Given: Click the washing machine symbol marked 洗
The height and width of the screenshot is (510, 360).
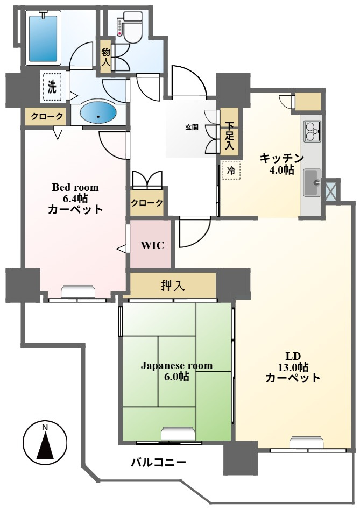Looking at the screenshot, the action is click(x=52, y=87).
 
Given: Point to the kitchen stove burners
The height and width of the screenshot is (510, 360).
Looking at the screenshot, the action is click(x=312, y=131).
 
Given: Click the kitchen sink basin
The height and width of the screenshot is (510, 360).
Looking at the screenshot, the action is click(x=312, y=182).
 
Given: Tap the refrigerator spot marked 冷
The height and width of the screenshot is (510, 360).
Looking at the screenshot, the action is click(x=231, y=170).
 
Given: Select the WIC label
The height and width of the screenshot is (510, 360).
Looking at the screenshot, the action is click(x=152, y=245).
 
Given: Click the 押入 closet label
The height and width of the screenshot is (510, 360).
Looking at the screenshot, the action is click(x=173, y=285).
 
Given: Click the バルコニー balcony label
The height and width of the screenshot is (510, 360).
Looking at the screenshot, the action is click(x=159, y=462).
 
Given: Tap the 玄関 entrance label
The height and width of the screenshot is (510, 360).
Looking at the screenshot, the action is click(x=192, y=127).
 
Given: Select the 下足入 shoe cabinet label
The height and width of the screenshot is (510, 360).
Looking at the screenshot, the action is click(x=230, y=136).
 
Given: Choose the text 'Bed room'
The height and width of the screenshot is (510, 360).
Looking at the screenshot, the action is click(x=75, y=187).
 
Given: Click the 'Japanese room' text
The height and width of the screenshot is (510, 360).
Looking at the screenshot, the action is click(x=177, y=366).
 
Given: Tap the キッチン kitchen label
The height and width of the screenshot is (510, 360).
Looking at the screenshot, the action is click(x=281, y=158).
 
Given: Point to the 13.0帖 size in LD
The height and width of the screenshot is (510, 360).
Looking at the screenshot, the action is click(x=293, y=367).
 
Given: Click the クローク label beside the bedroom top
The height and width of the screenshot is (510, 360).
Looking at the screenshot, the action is click(x=46, y=116).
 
